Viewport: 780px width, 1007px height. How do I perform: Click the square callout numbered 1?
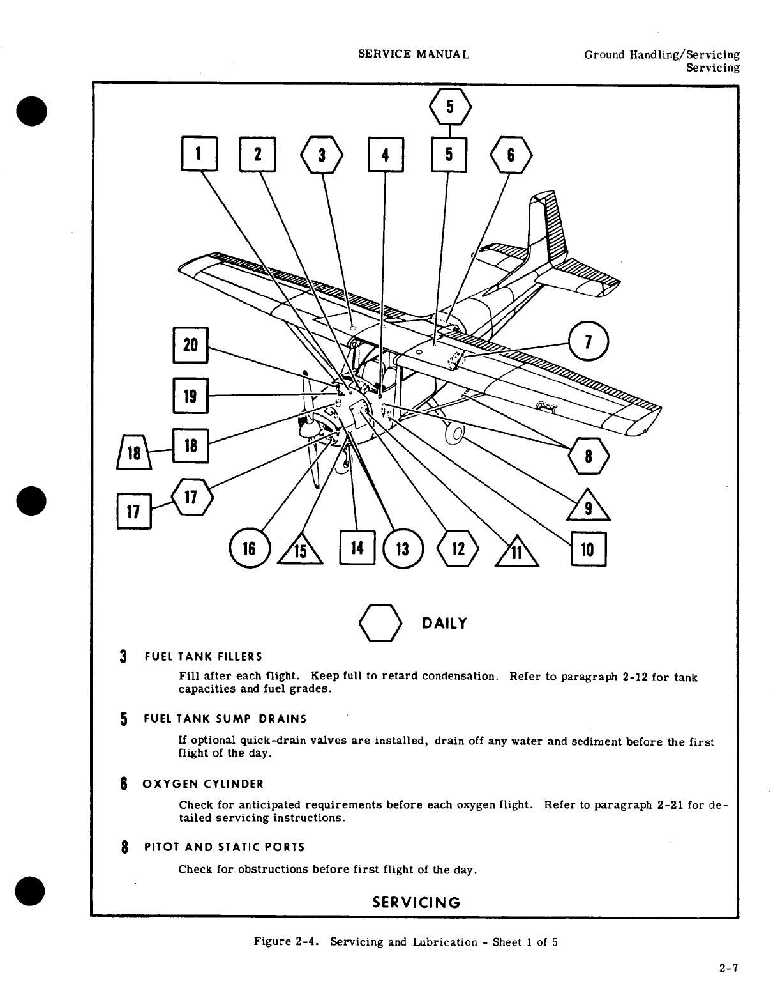click(199, 154)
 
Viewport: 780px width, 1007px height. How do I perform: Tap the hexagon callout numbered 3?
click(322, 155)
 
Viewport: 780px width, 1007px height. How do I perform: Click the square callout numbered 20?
click(191, 345)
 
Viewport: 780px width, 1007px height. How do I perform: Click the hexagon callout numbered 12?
click(456, 548)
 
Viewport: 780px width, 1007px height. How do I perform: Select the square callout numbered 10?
click(588, 548)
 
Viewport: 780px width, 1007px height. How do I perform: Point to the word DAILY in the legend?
click(444, 624)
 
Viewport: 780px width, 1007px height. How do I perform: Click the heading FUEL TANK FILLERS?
click(203, 656)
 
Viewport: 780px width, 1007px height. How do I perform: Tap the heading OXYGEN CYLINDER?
click(204, 784)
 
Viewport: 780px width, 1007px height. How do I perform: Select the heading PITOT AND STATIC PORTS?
click(225, 847)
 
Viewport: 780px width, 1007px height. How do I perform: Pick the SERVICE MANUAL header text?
click(414, 54)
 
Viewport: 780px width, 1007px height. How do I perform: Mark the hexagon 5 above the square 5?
click(450, 107)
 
